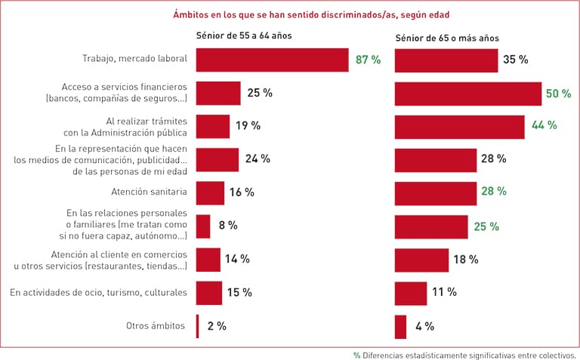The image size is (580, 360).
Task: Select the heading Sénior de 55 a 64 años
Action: pyautogui.click(x=243, y=35)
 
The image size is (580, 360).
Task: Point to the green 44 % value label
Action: pyautogui.click(x=544, y=125)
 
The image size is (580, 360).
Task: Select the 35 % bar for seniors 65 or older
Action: pyautogui.click(x=446, y=60)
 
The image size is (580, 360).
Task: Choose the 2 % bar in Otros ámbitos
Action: pyautogui.click(x=198, y=326)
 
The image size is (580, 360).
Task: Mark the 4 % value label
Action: pyautogui.click(x=424, y=326)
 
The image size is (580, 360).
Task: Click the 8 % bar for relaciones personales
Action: pyautogui.click(x=203, y=226)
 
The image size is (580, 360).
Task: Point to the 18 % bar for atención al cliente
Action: pyautogui.click(x=421, y=260)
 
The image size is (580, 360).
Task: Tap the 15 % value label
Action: pyautogui.click(x=240, y=293)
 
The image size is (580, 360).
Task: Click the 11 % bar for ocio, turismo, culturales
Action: pyautogui.click(x=411, y=293)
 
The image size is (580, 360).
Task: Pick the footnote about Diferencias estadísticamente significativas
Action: pyautogui.click(x=464, y=354)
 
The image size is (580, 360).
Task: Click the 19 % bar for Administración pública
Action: pyautogui.click(x=213, y=126)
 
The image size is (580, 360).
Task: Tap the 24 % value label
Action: pyautogui.click(x=257, y=159)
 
